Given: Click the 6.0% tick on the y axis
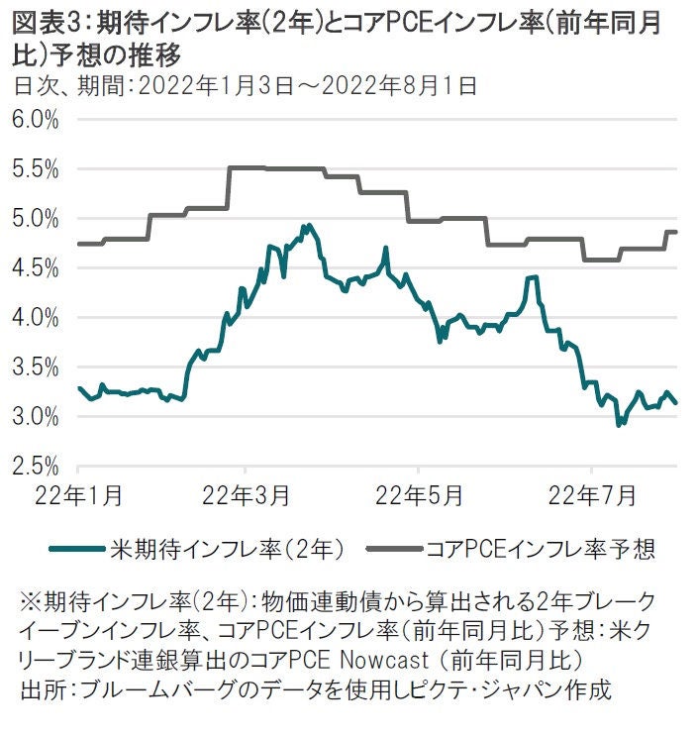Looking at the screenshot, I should [37, 119].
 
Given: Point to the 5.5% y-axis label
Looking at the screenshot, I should [37, 168].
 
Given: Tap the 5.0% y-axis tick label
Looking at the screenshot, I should [37, 218].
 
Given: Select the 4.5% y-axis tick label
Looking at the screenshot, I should [37, 267].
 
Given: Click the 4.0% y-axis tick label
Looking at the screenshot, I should [37, 317].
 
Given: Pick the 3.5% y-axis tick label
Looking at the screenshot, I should [37, 367].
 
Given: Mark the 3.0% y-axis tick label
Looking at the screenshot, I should [37, 416].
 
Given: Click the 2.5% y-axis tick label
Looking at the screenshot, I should [37, 466].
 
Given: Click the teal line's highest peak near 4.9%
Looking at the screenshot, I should [309, 226].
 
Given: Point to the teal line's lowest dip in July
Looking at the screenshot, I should [619, 425].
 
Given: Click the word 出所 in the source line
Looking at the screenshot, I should [40, 688].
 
